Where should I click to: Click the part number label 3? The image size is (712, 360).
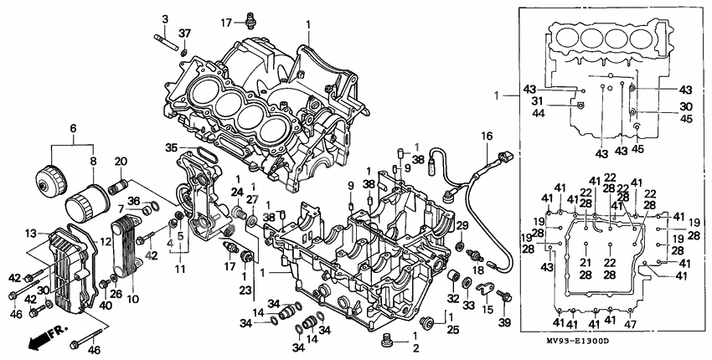[164, 18]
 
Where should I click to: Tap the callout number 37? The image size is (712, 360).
[184, 33]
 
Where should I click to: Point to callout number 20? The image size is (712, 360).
[120, 161]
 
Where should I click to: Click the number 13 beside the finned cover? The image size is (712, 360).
[31, 232]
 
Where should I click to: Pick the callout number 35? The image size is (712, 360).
[171, 147]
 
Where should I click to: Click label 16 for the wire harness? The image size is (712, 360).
[484, 135]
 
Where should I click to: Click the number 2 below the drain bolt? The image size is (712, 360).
[415, 348]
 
